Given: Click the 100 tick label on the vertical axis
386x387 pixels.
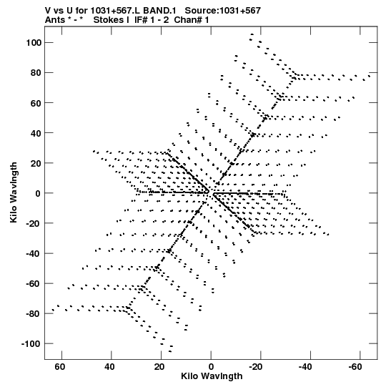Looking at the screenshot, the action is tap(34, 43).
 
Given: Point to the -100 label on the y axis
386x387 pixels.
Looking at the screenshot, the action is tap(31, 344).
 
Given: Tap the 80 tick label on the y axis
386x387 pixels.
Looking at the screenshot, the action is tap(36, 73).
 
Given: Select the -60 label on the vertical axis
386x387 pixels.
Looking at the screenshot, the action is tap(34, 283).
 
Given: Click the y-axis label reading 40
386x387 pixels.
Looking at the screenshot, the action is tap(36, 133).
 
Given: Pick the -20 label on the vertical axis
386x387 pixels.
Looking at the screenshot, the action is tap(34, 223).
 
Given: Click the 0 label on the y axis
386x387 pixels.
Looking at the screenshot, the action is tap(38, 193).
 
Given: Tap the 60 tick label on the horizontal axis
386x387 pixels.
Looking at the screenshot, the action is tap(60, 367).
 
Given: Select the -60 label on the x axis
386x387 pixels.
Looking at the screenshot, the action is tap(355, 367).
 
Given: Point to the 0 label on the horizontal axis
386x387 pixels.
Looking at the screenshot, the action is tap(211, 367).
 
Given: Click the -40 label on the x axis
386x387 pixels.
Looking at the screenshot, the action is tap(306, 367).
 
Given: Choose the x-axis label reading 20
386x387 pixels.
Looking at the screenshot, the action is tap(159, 367).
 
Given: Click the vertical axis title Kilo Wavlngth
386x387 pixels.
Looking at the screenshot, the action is tap(14, 192).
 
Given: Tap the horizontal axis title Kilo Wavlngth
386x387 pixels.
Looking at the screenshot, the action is tap(212, 376).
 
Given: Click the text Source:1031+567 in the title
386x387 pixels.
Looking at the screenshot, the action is tap(223, 11).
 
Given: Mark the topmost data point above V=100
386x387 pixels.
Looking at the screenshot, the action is tap(252, 34).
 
